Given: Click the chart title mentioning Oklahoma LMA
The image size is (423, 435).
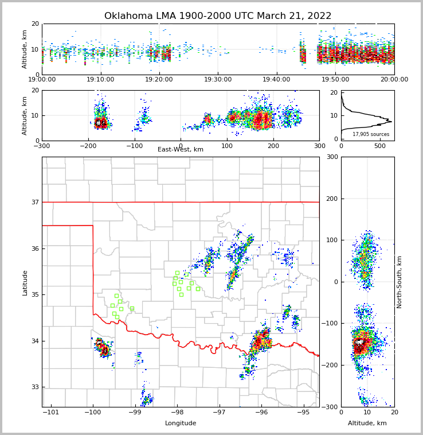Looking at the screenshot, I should [218, 16].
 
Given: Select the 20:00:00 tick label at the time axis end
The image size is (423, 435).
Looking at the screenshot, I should [394, 80].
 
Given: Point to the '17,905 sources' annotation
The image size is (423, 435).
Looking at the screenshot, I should [371, 134].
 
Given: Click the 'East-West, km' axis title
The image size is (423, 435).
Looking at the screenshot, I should [181, 150].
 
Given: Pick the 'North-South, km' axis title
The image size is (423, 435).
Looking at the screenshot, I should [399, 282].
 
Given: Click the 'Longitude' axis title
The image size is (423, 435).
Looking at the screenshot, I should [181, 424].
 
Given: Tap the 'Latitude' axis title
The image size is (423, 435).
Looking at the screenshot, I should [25, 282].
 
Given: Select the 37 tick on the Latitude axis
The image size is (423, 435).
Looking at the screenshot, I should [34, 202].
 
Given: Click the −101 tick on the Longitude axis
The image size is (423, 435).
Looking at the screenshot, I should [50, 413].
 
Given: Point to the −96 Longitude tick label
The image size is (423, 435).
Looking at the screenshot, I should [261, 413].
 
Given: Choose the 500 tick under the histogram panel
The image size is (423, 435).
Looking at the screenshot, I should [380, 146].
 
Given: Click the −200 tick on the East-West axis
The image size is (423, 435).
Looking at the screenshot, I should [88, 146].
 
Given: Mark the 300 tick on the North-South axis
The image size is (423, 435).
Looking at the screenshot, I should [331, 157].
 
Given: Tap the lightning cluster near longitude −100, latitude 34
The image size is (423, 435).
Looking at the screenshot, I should [103, 347].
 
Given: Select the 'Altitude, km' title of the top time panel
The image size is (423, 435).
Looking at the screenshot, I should [25, 49].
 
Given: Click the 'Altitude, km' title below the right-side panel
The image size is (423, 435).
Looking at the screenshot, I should [367, 424].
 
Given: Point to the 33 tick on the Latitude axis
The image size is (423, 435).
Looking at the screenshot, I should [34, 387].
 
